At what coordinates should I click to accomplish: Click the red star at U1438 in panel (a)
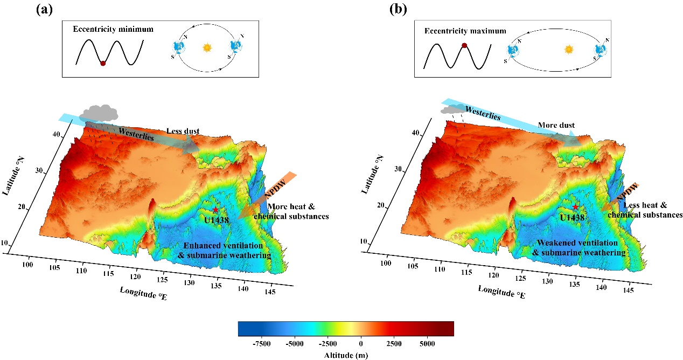click(x=215, y=210)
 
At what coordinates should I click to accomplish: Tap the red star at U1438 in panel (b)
click(x=576, y=207)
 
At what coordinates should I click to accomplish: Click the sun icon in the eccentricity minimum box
click(x=207, y=47)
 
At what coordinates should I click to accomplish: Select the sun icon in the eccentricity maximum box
click(x=568, y=49)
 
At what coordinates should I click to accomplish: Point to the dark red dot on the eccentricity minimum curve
click(x=103, y=63)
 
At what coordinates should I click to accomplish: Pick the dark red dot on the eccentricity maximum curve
click(x=464, y=45)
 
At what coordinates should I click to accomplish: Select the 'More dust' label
click(x=556, y=126)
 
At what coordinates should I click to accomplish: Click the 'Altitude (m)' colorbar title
click(x=346, y=355)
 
